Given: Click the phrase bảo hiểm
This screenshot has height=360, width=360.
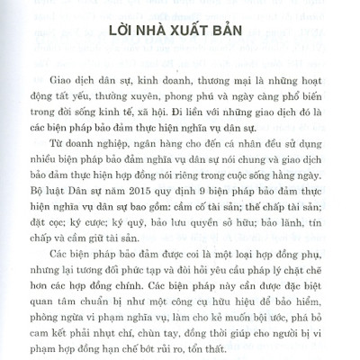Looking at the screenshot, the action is tap(286, 302).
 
